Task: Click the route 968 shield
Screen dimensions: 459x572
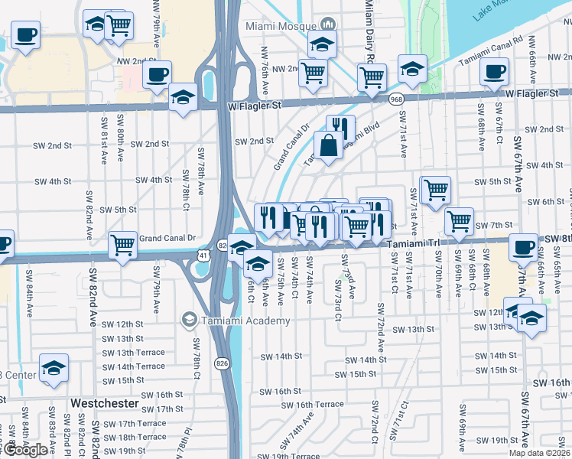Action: click(395, 99)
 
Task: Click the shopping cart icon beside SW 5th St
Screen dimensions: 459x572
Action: click(436, 188)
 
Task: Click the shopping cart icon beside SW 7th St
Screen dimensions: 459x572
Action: click(459, 221)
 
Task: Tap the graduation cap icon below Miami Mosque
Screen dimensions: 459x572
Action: click(322, 44)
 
